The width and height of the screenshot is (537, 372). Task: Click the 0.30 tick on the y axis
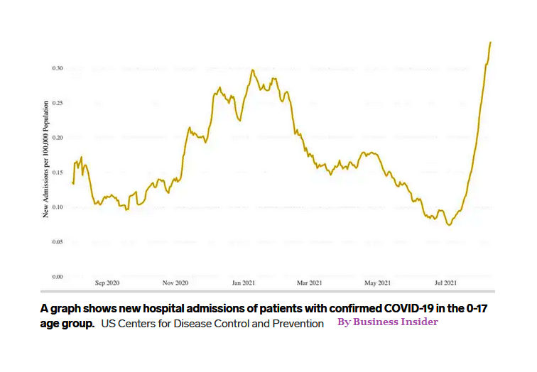coord(58,68)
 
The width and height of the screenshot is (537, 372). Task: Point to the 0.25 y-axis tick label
coord(58,103)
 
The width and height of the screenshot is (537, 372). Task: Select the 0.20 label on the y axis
coord(58,137)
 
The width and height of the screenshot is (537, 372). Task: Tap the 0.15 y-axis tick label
coord(58,173)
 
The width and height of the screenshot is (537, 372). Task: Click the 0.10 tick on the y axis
coord(58,207)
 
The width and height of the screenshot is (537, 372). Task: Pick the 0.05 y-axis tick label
coord(58,242)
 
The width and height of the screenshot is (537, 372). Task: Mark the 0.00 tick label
coord(58,276)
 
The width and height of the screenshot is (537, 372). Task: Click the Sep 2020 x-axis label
coord(108,283)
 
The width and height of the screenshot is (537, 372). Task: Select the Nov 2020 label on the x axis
coord(175,283)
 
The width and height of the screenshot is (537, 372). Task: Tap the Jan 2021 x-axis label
coord(244,283)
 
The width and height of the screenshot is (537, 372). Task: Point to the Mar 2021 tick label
coord(310,283)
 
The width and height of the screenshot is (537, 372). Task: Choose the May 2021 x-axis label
coord(377,283)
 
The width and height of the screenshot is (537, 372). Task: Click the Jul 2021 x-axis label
coord(445,283)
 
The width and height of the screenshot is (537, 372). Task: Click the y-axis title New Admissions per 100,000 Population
coord(46,158)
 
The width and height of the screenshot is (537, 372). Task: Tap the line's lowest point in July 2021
coord(449,224)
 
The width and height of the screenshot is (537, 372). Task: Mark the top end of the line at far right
coord(490,43)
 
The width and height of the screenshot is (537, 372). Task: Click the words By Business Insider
coord(387,322)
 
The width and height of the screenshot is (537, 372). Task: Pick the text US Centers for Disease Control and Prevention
coord(212,324)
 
